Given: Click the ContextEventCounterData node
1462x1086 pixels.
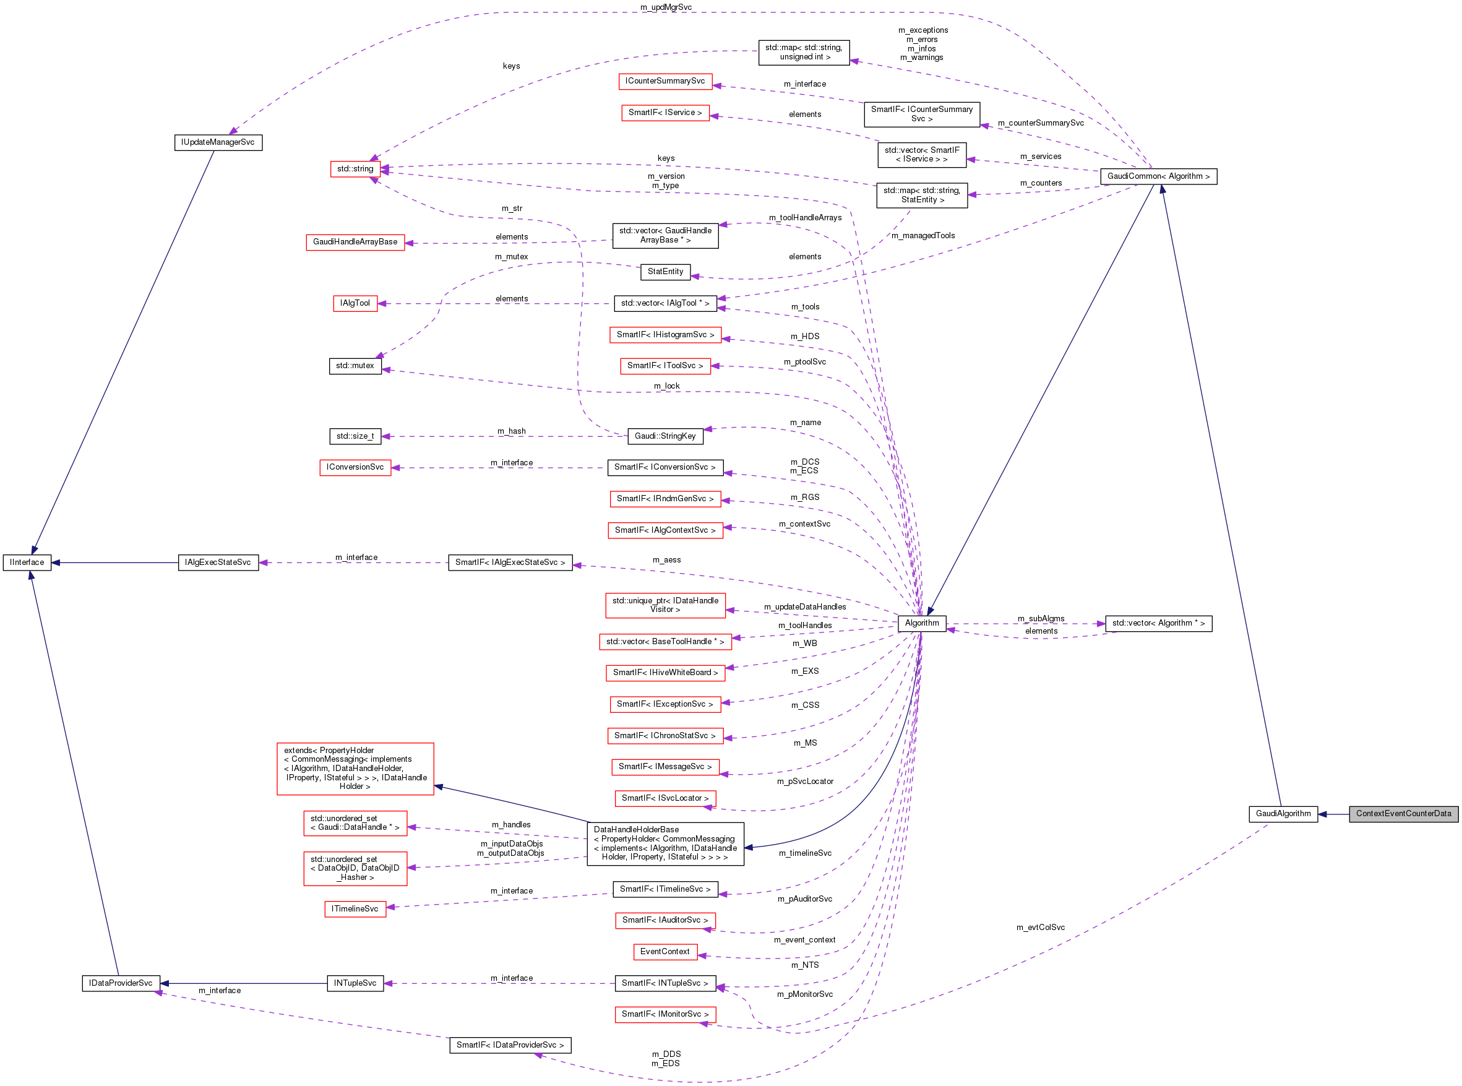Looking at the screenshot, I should point(1403,814).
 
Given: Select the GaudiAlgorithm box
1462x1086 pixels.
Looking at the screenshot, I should point(1283,814).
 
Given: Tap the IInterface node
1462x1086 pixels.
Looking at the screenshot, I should point(27,562).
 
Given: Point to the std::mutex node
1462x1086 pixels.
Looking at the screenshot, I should point(355,366).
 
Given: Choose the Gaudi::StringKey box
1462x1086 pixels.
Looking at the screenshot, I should point(664,436).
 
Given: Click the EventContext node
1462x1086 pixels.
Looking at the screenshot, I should point(664,952).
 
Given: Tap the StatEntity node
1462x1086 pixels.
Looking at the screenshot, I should point(664,272).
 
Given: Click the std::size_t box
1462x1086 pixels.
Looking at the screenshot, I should point(355,436).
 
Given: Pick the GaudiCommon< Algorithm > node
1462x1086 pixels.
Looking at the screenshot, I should point(1158,176).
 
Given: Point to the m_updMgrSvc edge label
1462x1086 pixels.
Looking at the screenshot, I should point(665,7).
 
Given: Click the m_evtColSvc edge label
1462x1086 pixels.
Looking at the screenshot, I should point(1040,928).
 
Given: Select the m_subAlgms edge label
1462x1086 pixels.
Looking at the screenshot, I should point(1041,619).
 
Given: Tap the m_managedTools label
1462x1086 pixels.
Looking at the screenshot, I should point(922,235).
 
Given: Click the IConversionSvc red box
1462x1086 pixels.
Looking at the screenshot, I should point(355,467).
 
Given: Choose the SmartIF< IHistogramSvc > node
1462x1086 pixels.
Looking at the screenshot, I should point(664,335).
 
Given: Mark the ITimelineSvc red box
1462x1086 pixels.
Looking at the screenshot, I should point(355,909).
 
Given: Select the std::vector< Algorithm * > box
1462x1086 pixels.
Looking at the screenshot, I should point(1158,623).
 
